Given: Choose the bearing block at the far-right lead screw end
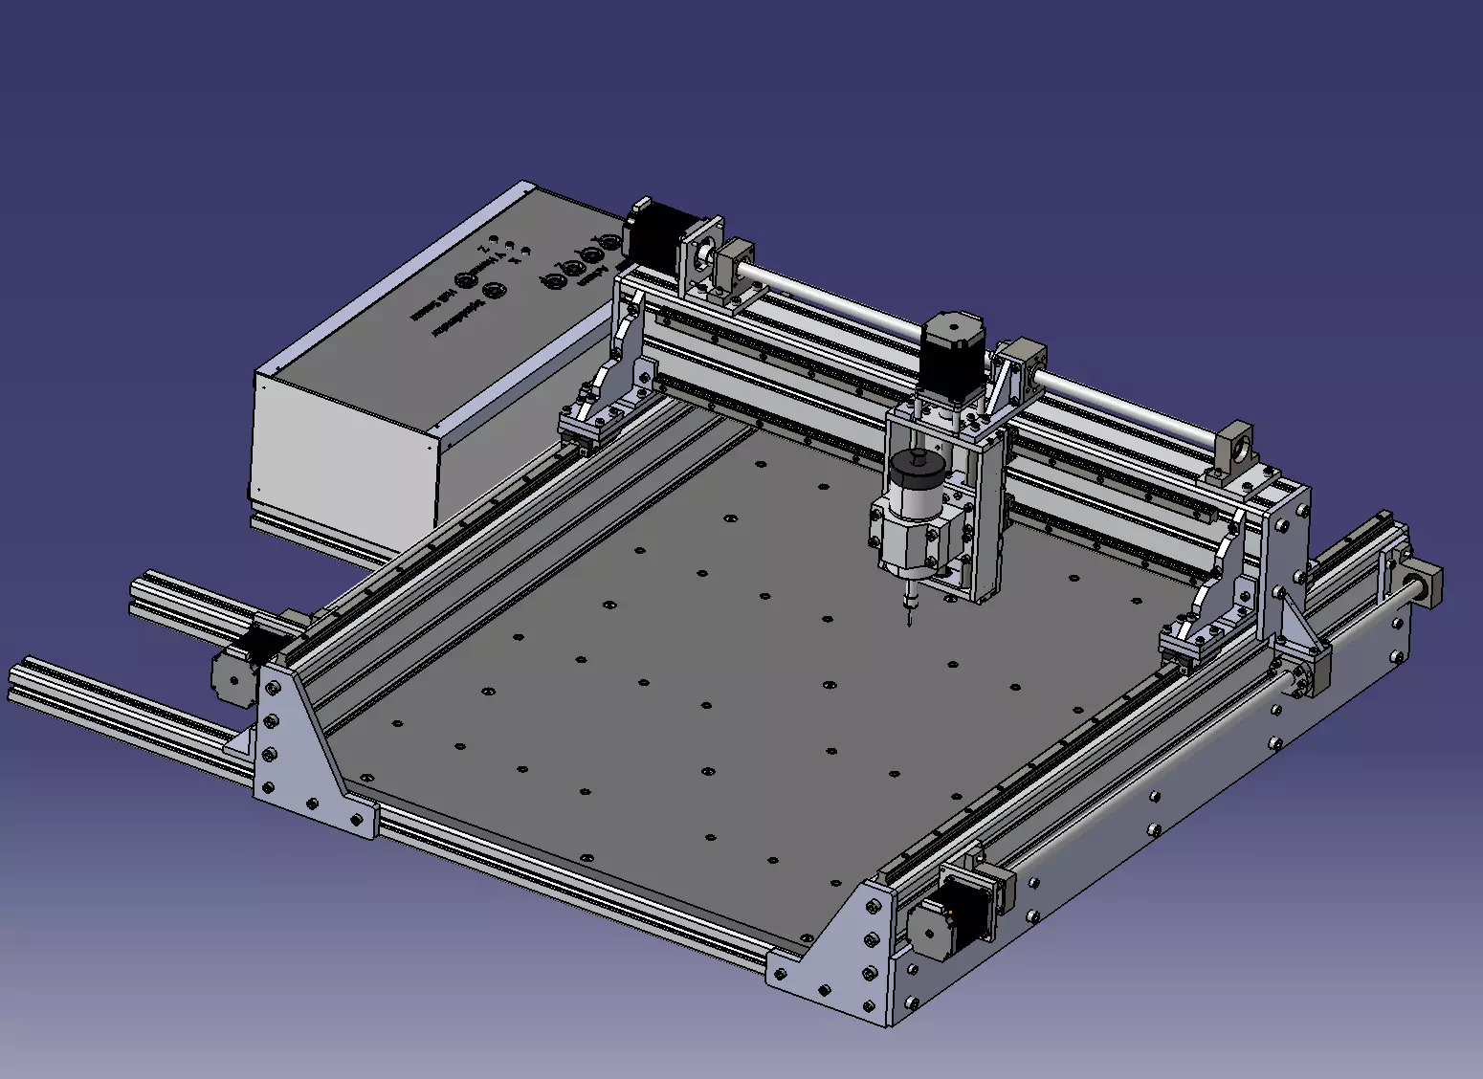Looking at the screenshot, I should click(x=1427, y=583).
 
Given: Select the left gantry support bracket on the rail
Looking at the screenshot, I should click(x=598, y=402).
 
